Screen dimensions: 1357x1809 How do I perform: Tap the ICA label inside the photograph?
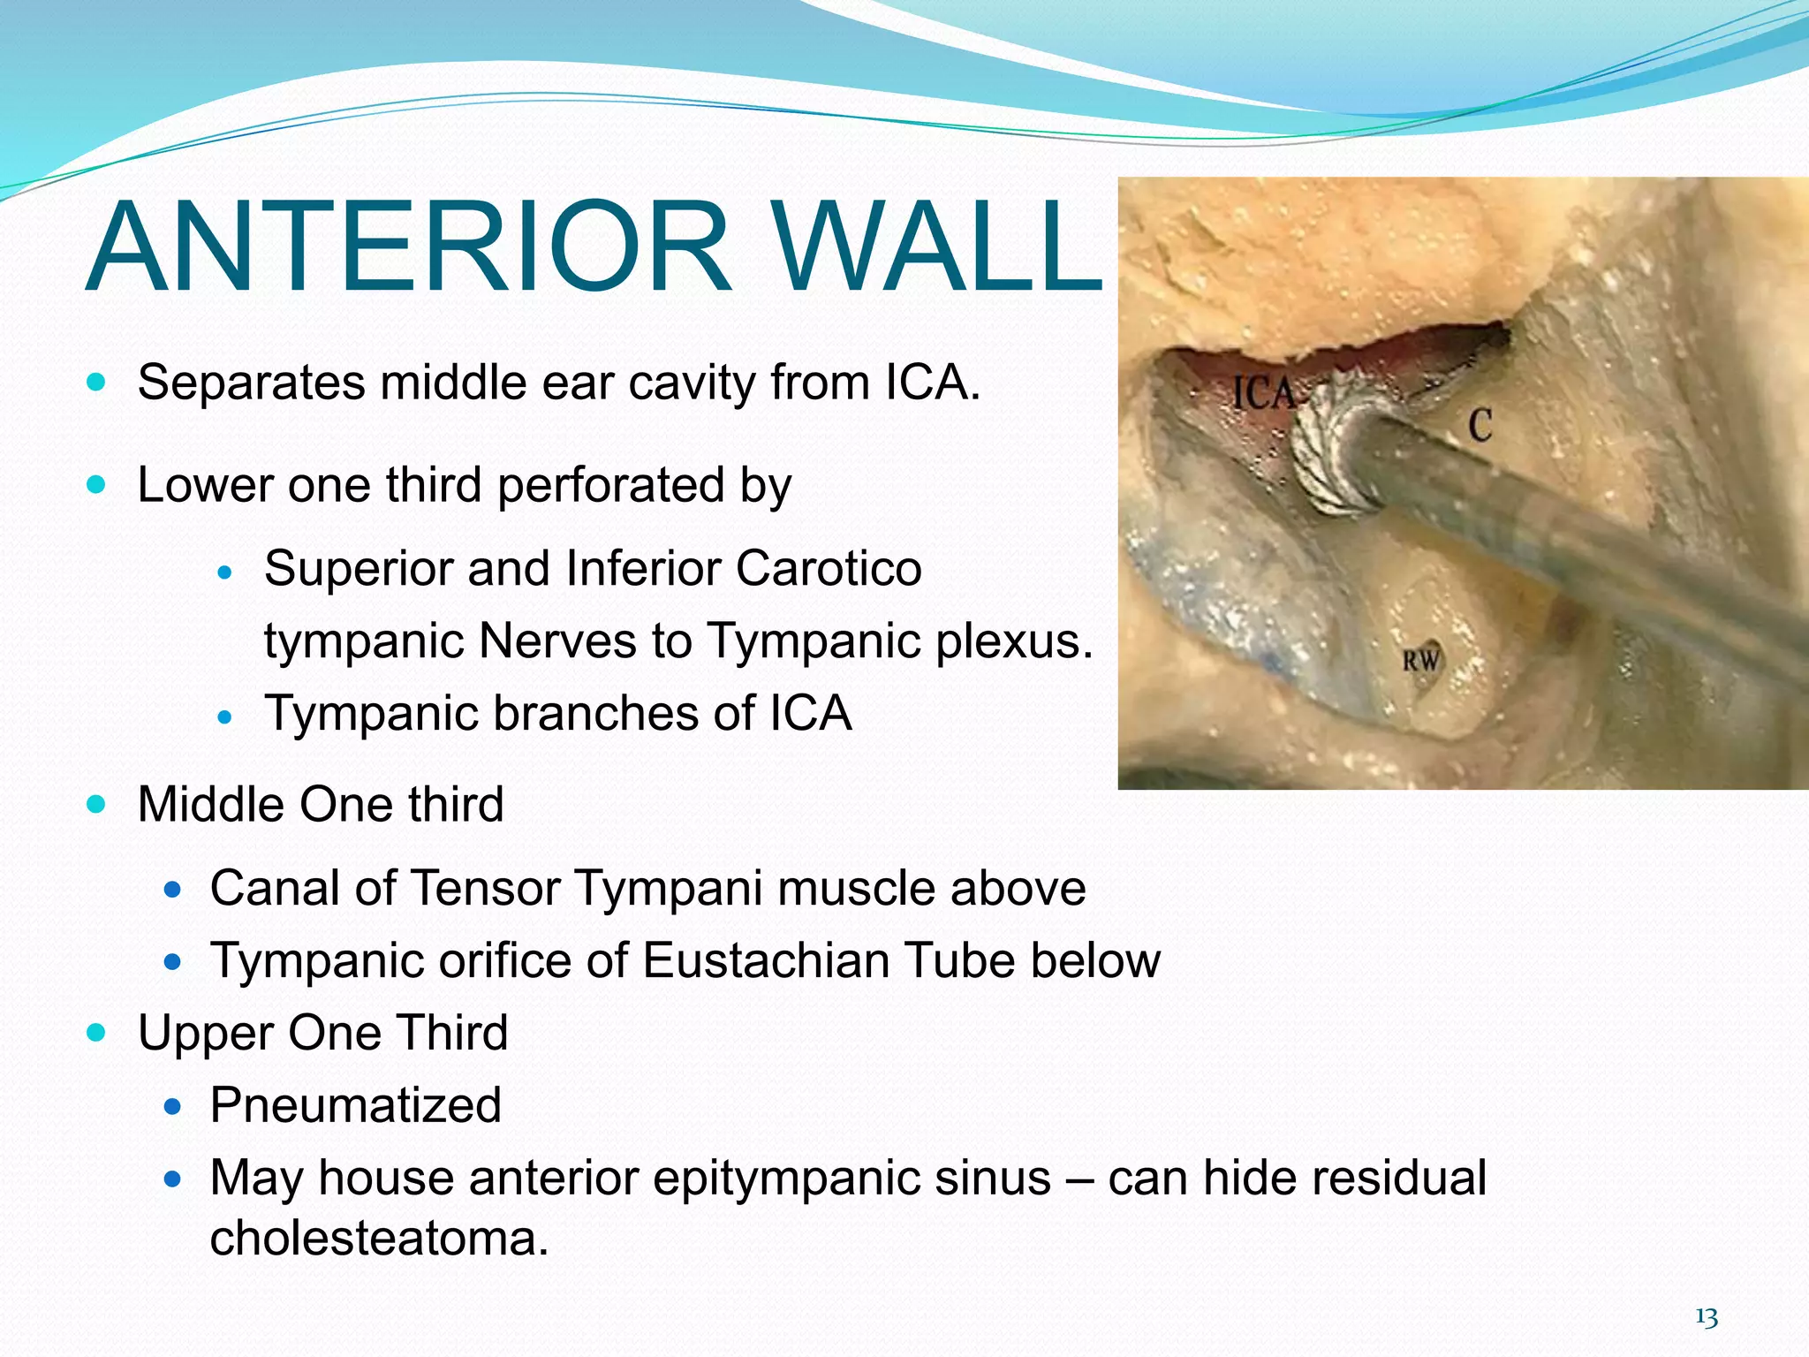[x=1263, y=394]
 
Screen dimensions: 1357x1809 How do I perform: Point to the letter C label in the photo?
[x=1480, y=426]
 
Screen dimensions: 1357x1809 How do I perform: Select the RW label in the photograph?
[x=1421, y=660]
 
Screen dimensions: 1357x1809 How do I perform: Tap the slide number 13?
[x=1706, y=1318]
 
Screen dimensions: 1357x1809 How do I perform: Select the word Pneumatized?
[x=355, y=1105]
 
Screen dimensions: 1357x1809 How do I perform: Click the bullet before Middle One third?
[x=97, y=805]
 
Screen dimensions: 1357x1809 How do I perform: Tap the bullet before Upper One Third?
[x=97, y=1032]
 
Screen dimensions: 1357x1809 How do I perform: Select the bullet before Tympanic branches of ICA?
[x=224, y=716]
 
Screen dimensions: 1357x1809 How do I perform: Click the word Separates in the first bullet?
[x=251, y=383]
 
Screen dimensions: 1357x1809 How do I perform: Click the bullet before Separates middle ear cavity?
[x=97, y=383]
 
